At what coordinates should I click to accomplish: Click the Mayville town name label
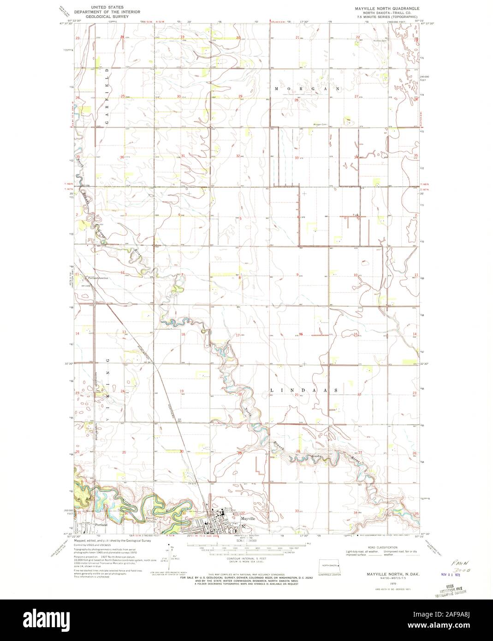pos(248,518)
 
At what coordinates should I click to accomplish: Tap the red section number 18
pos(183,334)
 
